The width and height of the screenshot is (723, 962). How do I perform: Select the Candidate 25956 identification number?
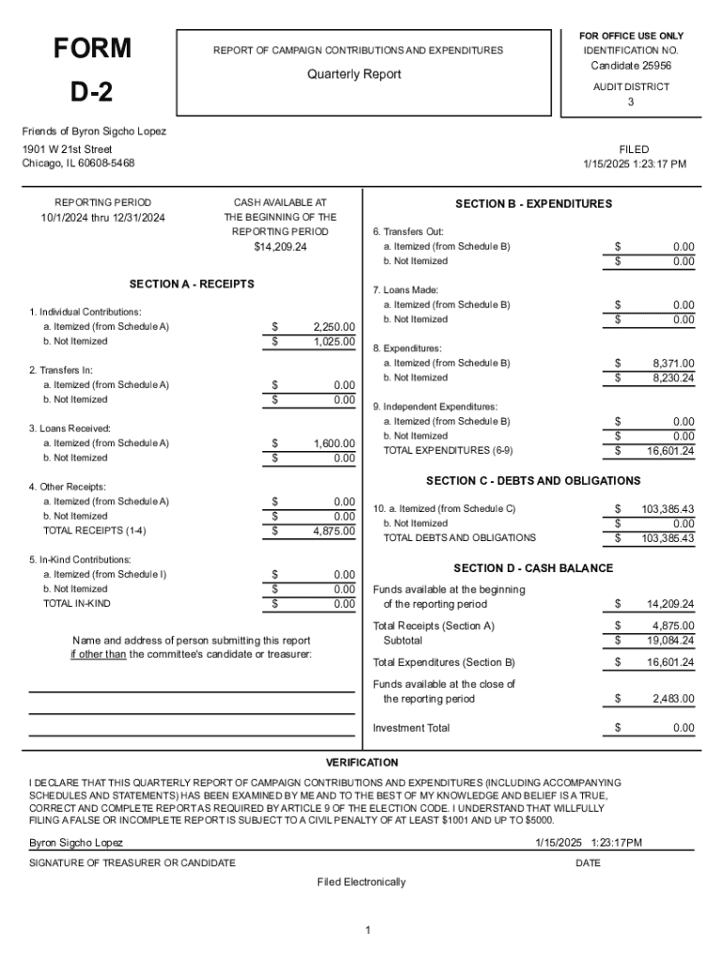click(630, 66)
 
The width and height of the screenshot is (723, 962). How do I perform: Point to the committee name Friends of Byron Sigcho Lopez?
click(94, 132)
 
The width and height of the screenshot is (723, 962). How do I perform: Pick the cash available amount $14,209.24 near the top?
click(280, 246)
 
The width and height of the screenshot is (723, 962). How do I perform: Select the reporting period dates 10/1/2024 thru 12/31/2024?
click(102, 217)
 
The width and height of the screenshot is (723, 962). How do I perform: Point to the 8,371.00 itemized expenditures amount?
click(673, 363)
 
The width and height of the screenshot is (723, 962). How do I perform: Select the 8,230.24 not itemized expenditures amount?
click(673, 378)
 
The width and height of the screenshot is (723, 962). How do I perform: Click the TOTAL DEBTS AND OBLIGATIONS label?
click(459, 538)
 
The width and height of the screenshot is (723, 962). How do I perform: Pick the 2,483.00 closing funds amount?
click(673, 699)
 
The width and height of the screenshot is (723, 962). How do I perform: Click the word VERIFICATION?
click(361, 763)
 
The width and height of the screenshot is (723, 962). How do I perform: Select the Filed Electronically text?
click(361, 882)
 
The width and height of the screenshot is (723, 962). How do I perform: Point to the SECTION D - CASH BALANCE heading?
click(532, 568)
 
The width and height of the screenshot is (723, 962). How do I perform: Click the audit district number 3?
click(630, 102)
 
